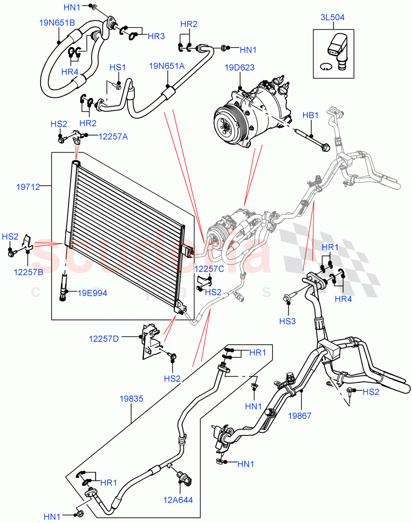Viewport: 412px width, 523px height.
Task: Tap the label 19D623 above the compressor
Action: click(240, 68)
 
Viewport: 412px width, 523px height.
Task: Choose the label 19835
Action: click(131, 398)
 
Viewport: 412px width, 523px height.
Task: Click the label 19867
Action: click(300, 416)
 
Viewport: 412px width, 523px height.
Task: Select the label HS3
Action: click(287, 321)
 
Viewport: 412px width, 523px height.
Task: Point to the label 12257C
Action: click(209, 268)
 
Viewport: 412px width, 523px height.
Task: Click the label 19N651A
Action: click(167, 66)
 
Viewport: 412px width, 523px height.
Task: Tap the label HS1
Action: click(118, 68)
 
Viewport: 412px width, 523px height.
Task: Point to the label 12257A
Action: click(113, 136)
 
